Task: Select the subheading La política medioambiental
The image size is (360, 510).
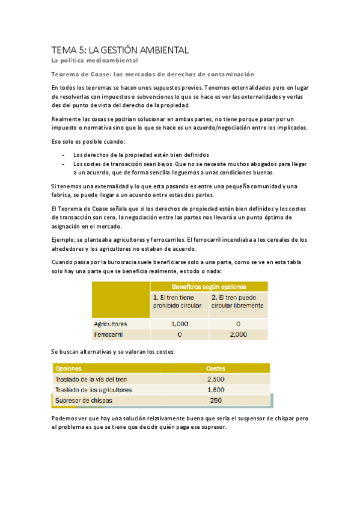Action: point(94,61)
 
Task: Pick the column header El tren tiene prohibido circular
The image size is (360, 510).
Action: point(178,301)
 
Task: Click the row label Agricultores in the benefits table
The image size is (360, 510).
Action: point(111,324)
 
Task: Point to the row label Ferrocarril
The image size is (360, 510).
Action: point(108,334)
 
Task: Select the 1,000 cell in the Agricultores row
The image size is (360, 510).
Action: point(179,324)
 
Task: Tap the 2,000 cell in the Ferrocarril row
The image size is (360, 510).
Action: point(238,334)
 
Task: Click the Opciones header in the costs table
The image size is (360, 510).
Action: point(68,368)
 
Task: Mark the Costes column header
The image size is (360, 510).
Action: point(216,368)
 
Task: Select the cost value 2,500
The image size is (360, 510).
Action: point(216,379)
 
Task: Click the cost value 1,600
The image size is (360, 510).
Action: point(216,390)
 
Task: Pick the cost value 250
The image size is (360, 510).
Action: point(216,401)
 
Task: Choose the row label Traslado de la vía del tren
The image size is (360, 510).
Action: point(91,379)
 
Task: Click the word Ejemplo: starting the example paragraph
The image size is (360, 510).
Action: point(64,239)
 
